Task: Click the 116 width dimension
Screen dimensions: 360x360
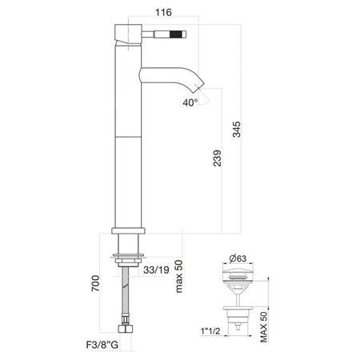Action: tap(163, 12)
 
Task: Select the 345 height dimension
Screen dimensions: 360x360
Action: tap(237, 130)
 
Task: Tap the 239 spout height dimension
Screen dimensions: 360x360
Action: tap(218, 158)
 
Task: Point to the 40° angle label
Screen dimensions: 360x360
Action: tap(190, 102)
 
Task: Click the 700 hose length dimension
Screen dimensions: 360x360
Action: tap(95, 283)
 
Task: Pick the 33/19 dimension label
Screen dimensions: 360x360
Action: tap(156, 270)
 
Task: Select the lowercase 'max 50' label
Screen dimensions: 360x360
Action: tap(179, 276)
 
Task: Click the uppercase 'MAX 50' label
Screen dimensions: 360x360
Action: tap(263, 327)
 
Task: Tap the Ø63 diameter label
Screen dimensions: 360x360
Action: tap(238, 258)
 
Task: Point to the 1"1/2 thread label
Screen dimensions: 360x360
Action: tap(210, 331)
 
